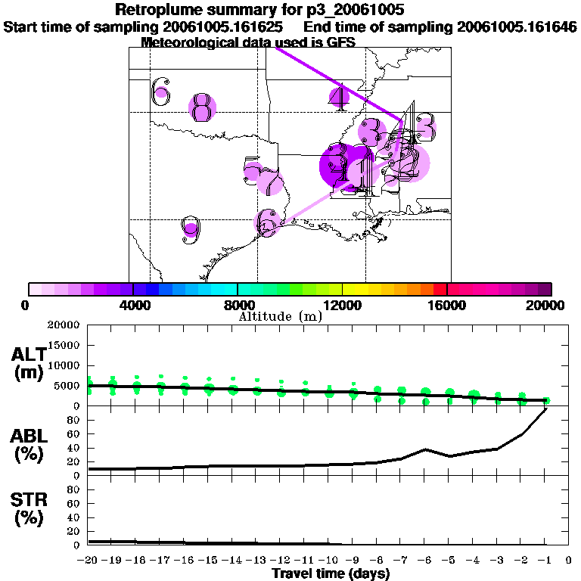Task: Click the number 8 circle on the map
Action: (x=201, y=108)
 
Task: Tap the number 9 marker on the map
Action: (x=191, y=228)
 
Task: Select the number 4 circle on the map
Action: (x=340, y=96)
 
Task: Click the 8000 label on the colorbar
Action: (x=238, y=305)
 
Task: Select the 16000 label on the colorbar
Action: (x=447, y=305)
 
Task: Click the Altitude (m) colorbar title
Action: (x=280, y=316)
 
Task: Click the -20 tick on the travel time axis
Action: (x=89, y=561)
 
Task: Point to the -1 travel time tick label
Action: (x=545, y=561)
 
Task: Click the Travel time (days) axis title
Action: (x=331, y=574)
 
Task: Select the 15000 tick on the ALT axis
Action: (x=63, y=345)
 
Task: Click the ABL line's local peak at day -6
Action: (x=425, y=449)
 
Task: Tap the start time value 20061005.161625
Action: (x=225, y=26)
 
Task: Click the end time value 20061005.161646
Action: (x=517, y=26)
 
